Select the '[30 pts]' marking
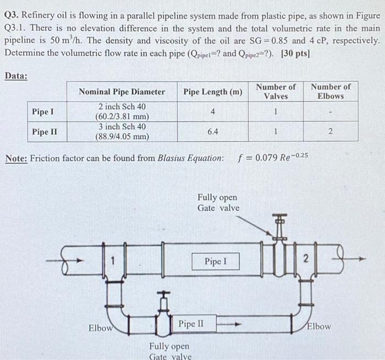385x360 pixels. point(295,53)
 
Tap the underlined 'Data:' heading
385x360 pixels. point(16,76)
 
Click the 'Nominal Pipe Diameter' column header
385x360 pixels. point(122,92)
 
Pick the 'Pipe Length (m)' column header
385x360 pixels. point(212,92)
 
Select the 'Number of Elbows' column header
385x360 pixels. point(330,91)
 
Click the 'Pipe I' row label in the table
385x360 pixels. point(43,112)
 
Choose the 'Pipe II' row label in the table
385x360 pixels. point(45,132)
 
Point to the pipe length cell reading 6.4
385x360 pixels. point(212,132)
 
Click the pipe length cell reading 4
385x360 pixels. point(212,112)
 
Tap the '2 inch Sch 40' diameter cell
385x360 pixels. point(122,106)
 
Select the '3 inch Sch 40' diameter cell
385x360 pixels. point(122,126)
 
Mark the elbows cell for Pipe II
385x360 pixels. point(330,132)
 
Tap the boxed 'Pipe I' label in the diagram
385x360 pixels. point(216,262)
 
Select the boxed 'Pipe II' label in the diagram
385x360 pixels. point(191,324)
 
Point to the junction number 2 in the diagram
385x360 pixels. point(307,258)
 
